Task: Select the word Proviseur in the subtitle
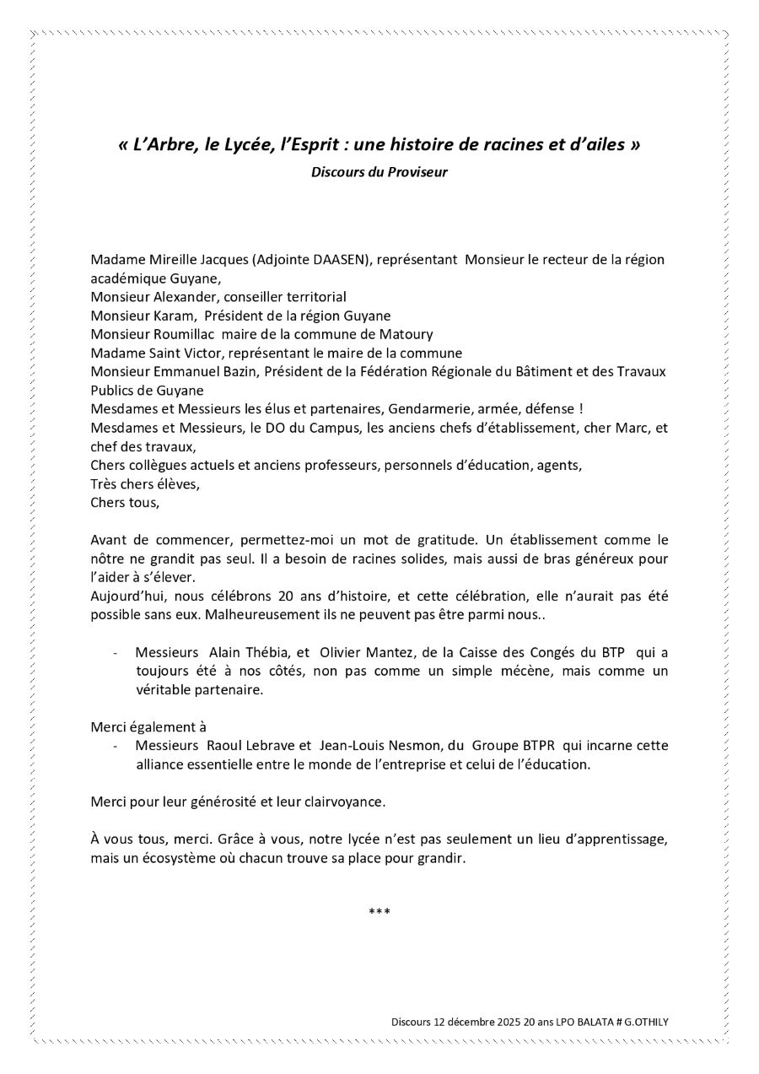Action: point(417,172)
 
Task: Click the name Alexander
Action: point(174,297)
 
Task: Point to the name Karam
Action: point(174,316)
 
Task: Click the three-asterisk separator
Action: point(379,913)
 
